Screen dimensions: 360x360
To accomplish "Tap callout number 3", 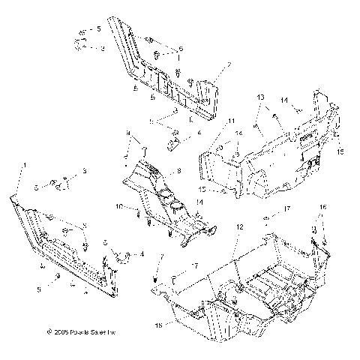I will (x=85, y=172).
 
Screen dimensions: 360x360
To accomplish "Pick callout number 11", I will (x=232, y=121).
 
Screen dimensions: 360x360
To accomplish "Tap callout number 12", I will (x=239, y=226).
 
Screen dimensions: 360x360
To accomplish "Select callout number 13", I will (x=260, y=98).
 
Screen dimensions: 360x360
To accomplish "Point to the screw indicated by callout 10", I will (x=140, y=215).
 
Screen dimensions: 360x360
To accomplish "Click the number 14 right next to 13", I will (x=283, y=100).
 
